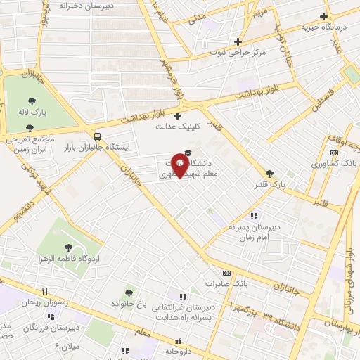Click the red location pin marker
coord(181,166)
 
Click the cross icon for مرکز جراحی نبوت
coord(238,41)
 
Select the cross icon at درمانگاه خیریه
coord(323,16)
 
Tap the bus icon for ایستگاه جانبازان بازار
coord(96,136)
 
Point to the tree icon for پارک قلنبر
coord(269,174)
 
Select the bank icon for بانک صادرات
coord(226,273)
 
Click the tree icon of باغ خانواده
coord(128,292)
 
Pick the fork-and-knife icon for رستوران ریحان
coord(44,291)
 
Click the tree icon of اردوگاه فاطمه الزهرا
coord(68,247)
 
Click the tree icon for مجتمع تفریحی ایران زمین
coord(29,128)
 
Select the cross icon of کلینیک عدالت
coord(177,116)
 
